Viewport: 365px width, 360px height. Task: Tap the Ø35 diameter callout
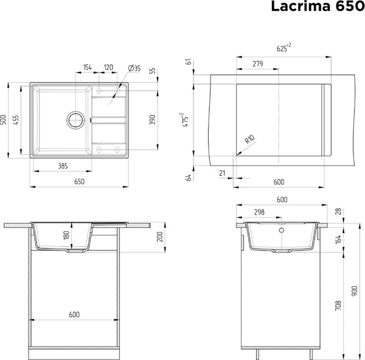134,69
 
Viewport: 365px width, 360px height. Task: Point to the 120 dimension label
108,67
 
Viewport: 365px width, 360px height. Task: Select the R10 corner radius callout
248,141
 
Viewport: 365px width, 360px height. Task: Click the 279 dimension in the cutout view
257,63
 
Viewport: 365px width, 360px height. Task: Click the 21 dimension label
221,174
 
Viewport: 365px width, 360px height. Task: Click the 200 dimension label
160,237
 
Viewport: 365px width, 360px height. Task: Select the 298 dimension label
259,212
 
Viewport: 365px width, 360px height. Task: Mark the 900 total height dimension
355,291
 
